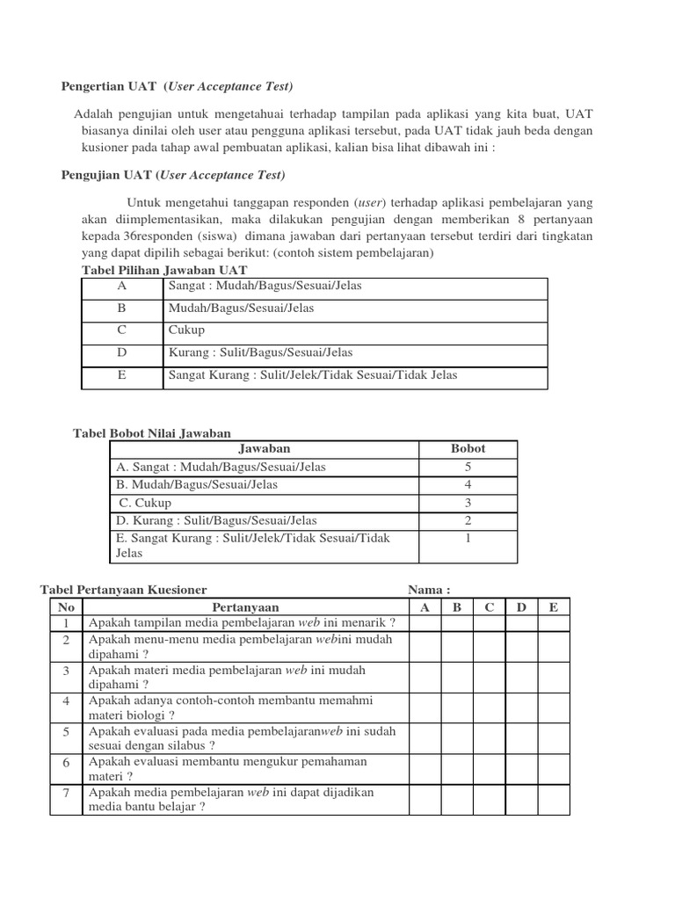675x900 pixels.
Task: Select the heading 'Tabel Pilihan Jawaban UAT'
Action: (164, 270)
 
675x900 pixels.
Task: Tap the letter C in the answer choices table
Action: (122, 330)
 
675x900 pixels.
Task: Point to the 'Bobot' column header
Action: (468, 448)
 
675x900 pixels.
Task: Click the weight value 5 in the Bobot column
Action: (468, 467)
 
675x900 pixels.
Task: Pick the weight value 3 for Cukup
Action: (468, 503)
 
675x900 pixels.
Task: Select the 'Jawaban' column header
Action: (265, 448)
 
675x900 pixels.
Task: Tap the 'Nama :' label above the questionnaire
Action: (429, 590)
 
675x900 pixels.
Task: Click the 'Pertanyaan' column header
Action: (245, 607)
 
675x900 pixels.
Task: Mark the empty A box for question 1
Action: (425, 623)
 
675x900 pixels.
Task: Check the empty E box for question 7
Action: (553, 799)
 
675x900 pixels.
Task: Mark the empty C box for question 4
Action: (489, 708)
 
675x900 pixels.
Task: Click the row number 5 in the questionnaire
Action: (67, 731)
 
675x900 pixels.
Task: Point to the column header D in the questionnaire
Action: (521, 607)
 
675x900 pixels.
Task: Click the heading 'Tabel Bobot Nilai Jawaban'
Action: (150, 432)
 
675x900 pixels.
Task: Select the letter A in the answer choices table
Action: (122, 286)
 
